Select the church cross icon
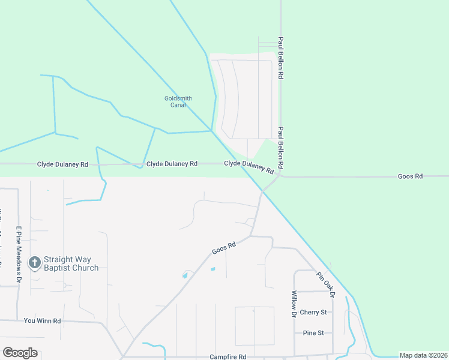click(35, 263)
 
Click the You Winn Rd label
click(43, 321)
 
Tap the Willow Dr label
click(294, 304)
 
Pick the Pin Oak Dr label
click(325, 283)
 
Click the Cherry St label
click(313, 312)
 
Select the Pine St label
click(313, 332)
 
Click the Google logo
click(20, 353)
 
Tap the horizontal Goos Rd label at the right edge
click(411, 176)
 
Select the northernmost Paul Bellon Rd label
click(280, 59)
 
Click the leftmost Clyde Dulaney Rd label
click(62, 164)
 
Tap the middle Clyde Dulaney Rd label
click(172, 163)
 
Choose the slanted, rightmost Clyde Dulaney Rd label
click(249, 166)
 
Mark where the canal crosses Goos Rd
click(262, 192)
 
